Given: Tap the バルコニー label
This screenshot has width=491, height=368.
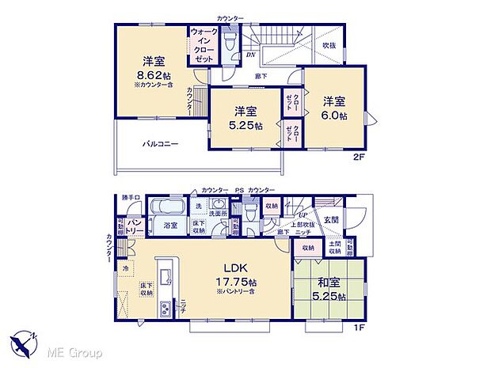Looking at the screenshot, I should tap(160, 144).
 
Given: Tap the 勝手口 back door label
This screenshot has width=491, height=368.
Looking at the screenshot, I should tap(131, 197).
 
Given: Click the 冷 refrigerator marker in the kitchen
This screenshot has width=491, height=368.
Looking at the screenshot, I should tap(125, 268).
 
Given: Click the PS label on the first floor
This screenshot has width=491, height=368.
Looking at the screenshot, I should tap(238, 191).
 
